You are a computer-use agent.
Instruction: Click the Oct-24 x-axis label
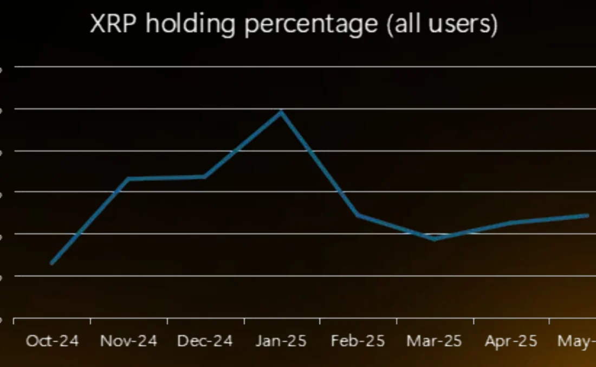coord(52,341)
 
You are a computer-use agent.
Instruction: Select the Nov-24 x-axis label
coord(128,341)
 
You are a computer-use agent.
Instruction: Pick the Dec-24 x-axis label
coord(205,341)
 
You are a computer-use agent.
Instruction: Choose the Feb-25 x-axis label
coord(358,341)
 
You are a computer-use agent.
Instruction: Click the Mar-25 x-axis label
coord(435,341)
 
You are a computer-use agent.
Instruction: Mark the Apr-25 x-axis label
coord(511,341)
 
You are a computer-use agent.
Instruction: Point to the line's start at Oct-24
coord(52,263)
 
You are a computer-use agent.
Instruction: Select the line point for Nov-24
coord(128,179)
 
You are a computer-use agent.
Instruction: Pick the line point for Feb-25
coord(358,215)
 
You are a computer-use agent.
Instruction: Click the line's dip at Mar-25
coord(435,239)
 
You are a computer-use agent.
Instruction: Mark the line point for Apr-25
coord(511,222)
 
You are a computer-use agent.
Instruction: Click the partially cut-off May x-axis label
coord(577,341)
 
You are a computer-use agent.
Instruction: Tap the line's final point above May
coord(587,215)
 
